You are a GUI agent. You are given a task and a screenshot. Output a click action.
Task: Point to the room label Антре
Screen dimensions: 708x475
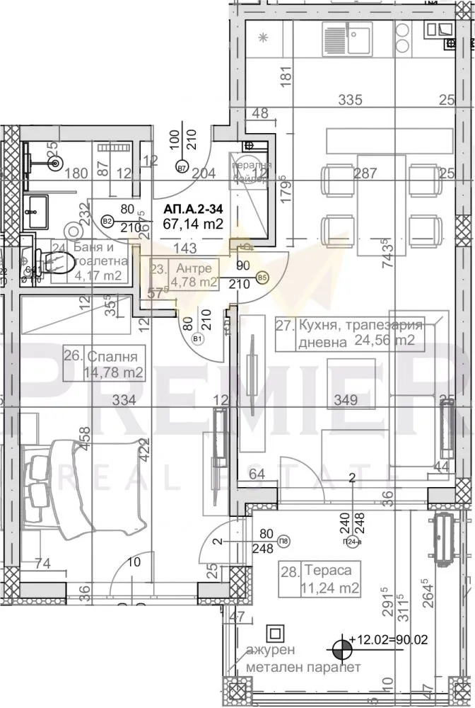(x=193, y=268)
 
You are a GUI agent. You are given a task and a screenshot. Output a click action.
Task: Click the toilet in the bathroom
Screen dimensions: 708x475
(x=55, y=263)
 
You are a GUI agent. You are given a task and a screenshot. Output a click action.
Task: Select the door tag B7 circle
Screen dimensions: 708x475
(x=182, y=169)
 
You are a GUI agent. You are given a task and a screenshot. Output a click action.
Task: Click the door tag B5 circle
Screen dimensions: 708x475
(x=262, y=278)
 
